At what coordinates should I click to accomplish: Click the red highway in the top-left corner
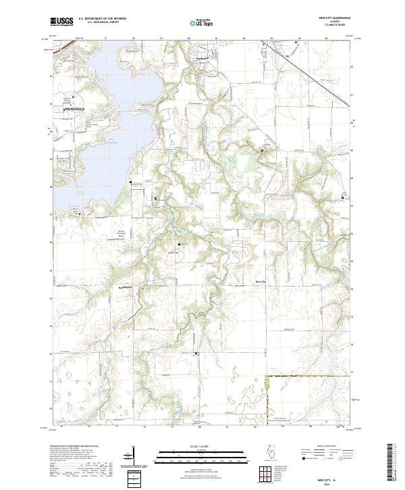(64, 47)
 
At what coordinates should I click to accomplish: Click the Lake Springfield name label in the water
(110, 141)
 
